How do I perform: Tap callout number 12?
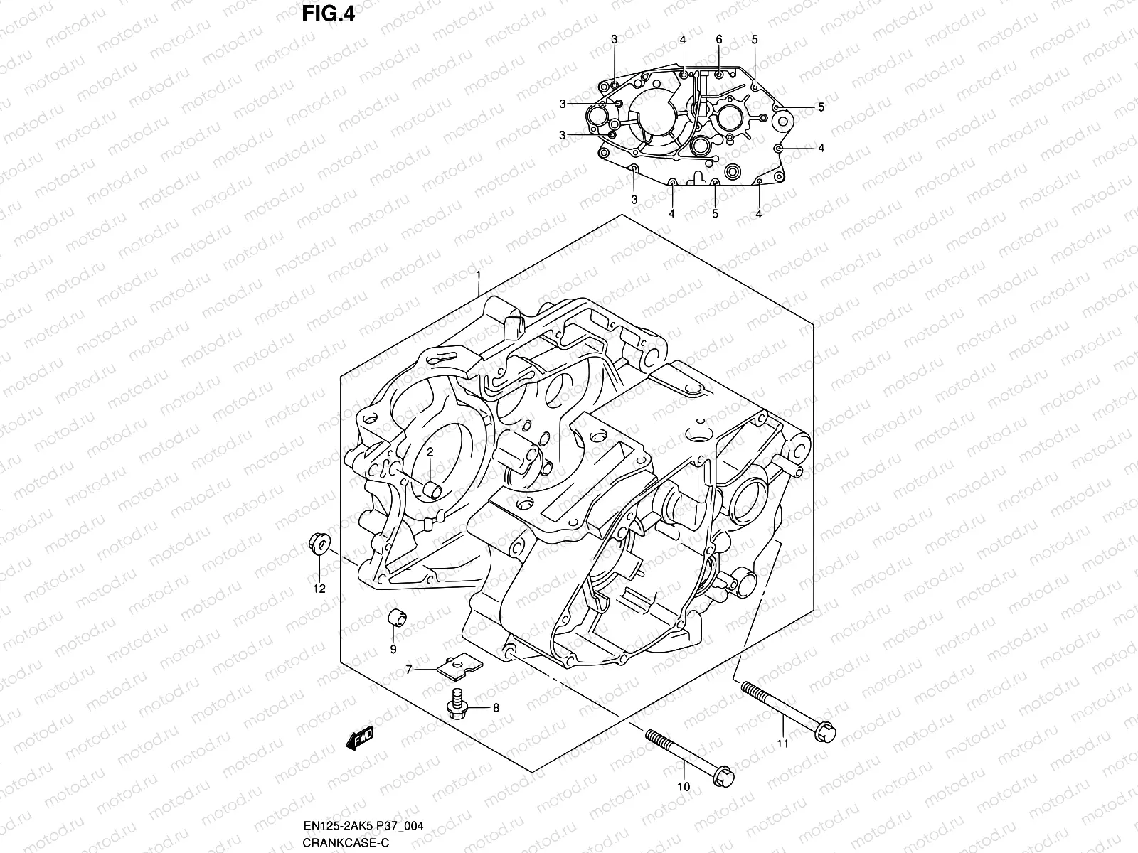[319, 589]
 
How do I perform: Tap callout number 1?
[479, 274]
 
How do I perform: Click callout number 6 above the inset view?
[719, 39]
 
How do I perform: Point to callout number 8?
[496, 708]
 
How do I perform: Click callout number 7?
[409, 670]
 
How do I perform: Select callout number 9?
[392, 649]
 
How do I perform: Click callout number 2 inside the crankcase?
[430, 453]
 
